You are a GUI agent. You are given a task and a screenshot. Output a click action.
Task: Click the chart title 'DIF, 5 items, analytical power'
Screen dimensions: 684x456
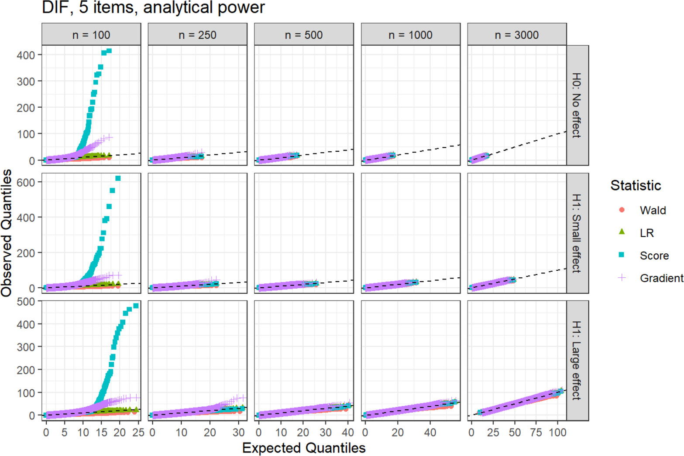click(x=153, y=7)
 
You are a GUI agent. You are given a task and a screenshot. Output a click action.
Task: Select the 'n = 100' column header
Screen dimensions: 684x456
click(x=91, y=35)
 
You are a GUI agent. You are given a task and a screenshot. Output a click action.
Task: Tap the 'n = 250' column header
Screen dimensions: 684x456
click(x=198, y=35)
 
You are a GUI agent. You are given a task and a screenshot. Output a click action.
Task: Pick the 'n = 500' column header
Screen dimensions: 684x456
click(x=304, y=35)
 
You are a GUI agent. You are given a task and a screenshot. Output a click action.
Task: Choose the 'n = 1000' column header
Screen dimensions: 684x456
click(x=410, y=35)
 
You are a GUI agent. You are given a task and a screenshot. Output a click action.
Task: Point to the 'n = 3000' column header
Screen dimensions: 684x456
click(x=517, y=35)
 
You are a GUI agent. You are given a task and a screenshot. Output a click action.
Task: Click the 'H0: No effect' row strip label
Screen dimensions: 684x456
click(x=577, y=105)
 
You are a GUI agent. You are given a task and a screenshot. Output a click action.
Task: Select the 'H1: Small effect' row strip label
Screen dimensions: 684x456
click(x=577, y=233)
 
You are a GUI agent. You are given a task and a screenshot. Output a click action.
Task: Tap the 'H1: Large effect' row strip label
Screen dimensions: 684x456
click(x=577, y=361)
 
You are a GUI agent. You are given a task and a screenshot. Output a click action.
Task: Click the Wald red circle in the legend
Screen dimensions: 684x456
click(x=622, y=210)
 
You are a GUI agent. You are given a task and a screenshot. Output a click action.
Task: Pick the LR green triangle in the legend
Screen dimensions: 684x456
click(x=622, y=231)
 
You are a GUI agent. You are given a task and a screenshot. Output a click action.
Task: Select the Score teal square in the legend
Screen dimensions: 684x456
click(x=622, y=255)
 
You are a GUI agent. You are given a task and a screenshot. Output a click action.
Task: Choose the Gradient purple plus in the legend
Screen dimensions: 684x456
click(x=622, y=278)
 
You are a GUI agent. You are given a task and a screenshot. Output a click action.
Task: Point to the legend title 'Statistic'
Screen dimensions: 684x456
click(x=636, y=185)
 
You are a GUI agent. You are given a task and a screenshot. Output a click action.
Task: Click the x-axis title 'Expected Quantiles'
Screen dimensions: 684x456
click(x=304, y=448)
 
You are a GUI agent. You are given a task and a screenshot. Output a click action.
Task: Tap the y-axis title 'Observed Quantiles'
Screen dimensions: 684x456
click(x=7, y=233)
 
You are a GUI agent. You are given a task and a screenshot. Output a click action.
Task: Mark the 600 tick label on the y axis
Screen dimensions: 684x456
click(x=26, y=182)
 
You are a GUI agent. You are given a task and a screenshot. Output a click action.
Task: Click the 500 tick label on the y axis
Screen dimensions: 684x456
click(x=26, y=301)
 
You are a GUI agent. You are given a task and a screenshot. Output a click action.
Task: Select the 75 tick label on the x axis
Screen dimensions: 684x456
click(x=536, y=432)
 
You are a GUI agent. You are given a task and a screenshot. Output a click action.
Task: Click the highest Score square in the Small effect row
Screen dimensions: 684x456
click(x=118, y=178)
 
